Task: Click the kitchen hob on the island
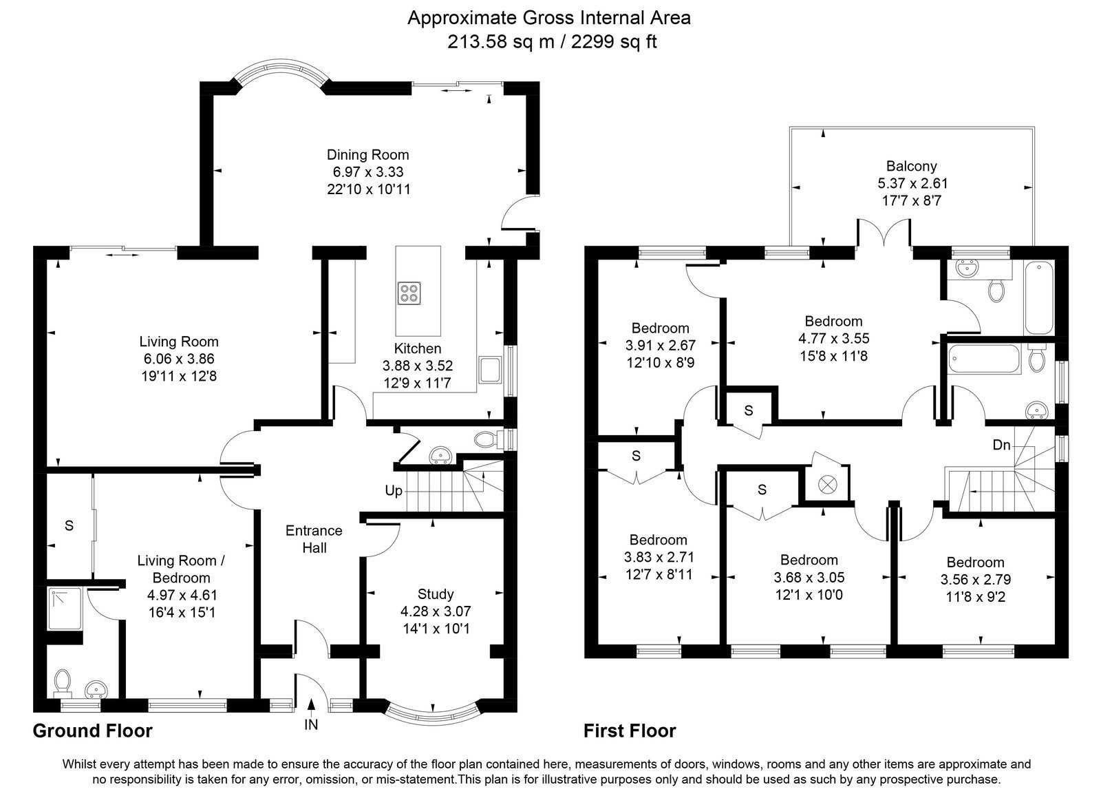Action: pyautogui.click(x=409, y=293)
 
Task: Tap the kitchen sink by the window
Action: pyautogui.click(x=490, y=370)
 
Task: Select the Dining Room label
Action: pyautogui.click(x=368, y=155)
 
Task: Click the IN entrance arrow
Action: pyautogui.click(x=310, y=704)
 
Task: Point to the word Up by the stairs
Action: pyautogui.click(x=394, y=491)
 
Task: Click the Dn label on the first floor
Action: pyautogui.click(x=1001, y=445)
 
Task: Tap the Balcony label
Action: pyautogui.click(x=911, y=166)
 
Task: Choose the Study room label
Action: pyautogui.click(x=436, y=594)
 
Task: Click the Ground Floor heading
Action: pyautogui.click(x=93, y=731)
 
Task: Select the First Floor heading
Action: pyautogui.click(x=630, y=731)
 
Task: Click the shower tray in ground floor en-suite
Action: pyautogui.click(x=65, y=609)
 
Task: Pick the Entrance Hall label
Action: pyautogui.click(x=314, y=539)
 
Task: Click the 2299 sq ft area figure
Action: pyautogui.click(x=614, y=42)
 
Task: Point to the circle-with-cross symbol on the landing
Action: pyautogui.click(x=826, y=485)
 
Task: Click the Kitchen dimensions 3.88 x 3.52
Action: pyautogui.click(x=418, y=366)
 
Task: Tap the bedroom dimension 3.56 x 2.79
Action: pyautogui.click(x=976, y=579)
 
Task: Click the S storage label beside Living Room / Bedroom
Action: pyautogui.click(x=70, y=526)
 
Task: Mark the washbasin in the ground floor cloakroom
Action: pyautogui.click(x=440, y=456)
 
